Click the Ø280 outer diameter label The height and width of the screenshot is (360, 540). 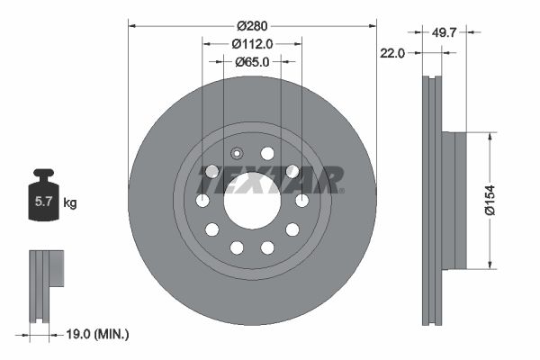pos(252,26)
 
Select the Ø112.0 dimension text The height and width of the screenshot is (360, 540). pos(252,44)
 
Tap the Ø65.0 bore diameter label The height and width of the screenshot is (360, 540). pos(252,62)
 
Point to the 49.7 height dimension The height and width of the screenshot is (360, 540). pos(442,32)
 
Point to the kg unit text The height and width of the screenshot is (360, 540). pos(69,203)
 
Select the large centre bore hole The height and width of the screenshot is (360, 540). pos(252,200)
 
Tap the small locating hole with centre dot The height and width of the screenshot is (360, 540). pos(237,153)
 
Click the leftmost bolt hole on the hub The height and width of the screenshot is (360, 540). pos(203,200)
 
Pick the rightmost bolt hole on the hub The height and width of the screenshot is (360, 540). pos(301,200)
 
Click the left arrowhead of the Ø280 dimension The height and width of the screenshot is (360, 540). pos(132,26)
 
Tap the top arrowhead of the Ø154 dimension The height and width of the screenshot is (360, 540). pos(490,137)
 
